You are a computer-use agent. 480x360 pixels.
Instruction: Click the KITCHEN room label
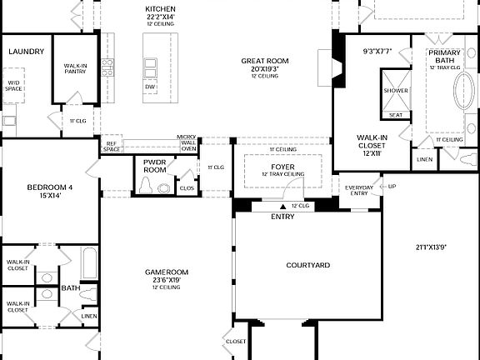pos(160,8)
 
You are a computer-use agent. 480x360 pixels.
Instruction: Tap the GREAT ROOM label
pos(264,61)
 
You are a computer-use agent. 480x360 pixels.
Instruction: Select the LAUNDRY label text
pos(27,52)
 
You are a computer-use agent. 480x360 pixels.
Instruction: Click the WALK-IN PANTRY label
pos(76,68)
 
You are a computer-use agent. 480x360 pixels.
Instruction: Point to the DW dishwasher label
pos(150,87)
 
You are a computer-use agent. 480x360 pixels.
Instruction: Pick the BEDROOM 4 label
pos(50,187)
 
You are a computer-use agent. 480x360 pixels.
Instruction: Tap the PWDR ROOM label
pos(154,166)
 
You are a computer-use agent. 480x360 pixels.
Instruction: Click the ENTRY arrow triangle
pos(282,206)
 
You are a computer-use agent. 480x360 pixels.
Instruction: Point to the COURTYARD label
pos(308,265)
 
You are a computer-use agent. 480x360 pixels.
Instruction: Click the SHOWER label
pos(396,90)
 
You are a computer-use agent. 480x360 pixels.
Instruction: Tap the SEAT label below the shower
pos(396,115)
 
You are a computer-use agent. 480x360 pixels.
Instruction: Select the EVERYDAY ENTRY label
pos(360,191)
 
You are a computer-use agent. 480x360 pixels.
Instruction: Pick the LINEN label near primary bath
pos(425,158)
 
